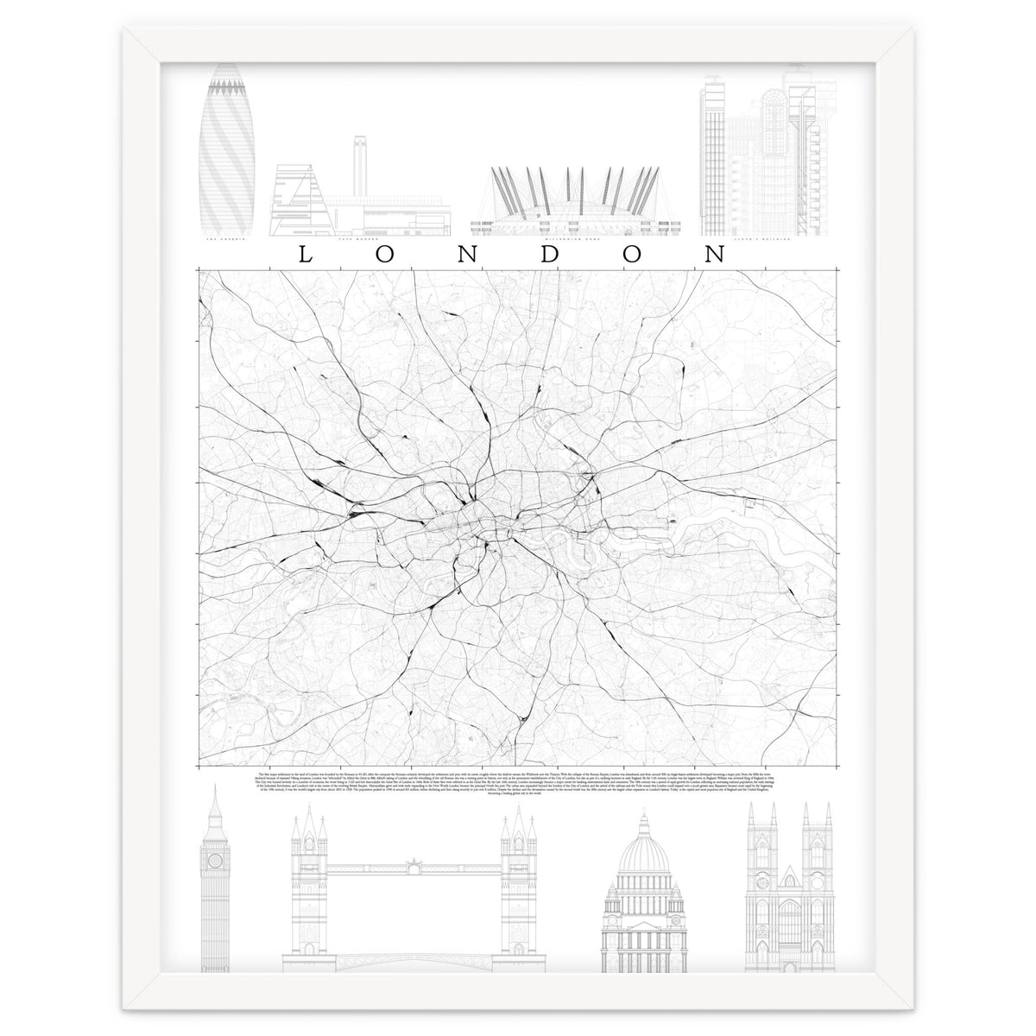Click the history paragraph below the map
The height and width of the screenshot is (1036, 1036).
[518, 786]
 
